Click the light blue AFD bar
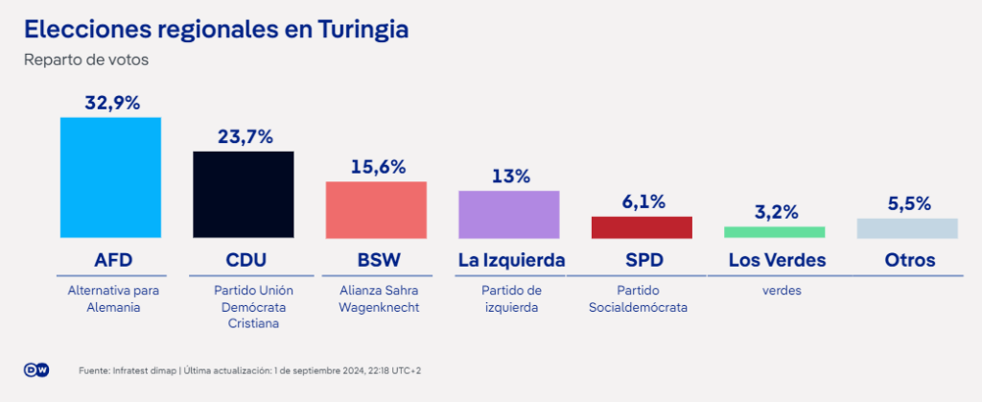click(x=110, y=177)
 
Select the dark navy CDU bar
click(x=243, y=195)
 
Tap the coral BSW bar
click(x=376, y=210)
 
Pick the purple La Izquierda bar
click(x=508, y=214)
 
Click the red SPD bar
click(x=642, y=227)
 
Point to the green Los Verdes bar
click(x=774, y=232)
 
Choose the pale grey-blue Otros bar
click(x=907, y=228)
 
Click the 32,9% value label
click(x=112, y=104)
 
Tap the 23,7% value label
click(x=245, y=137)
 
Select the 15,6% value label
click(x=378, y=167)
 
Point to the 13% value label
click(x=510, y=177)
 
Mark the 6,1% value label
click(x=643, y=202)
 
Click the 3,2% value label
click(x=776, y=212)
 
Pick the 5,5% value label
click(x=909, y=204)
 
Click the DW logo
click(x=36, y=370)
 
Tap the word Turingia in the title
click(x=362, y=30)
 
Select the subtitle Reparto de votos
click(x=85, y=60)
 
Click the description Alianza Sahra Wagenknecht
click(x=379, y=299)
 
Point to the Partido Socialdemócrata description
click(x=638, y=299)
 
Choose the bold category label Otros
click(x=910, y=260)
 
